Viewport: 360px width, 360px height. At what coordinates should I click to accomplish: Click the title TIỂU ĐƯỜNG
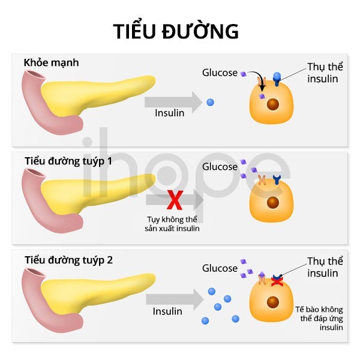click(176, 31)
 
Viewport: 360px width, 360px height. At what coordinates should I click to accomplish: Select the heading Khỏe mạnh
click(51, 62)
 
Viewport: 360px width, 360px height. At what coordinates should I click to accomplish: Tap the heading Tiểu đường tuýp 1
click(68, 161)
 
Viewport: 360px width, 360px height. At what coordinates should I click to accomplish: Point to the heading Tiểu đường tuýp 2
click(68, 260)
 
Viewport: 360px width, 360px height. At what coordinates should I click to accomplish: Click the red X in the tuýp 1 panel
click(175, 198)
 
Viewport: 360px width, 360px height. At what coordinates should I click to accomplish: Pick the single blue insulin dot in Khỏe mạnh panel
click(210, 102)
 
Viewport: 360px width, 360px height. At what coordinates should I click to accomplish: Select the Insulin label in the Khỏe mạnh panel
click(169, 113)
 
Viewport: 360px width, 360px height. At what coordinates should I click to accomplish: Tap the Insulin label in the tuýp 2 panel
click(167, 311)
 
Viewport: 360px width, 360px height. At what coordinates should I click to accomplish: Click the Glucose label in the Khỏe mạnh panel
click(220, 73)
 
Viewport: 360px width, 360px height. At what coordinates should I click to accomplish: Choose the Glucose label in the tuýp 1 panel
click(220, 167)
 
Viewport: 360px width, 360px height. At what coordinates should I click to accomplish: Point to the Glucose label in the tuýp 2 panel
click(220, 268)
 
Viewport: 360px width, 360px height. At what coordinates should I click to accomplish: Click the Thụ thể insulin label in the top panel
click(324, 73)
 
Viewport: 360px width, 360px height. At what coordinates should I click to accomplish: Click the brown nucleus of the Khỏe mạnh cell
click(273, 104)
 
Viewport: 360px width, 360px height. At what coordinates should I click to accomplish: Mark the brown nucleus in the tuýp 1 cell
click(273, 202)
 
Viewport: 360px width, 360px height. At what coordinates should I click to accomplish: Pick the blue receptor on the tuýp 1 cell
click(277, 179)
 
